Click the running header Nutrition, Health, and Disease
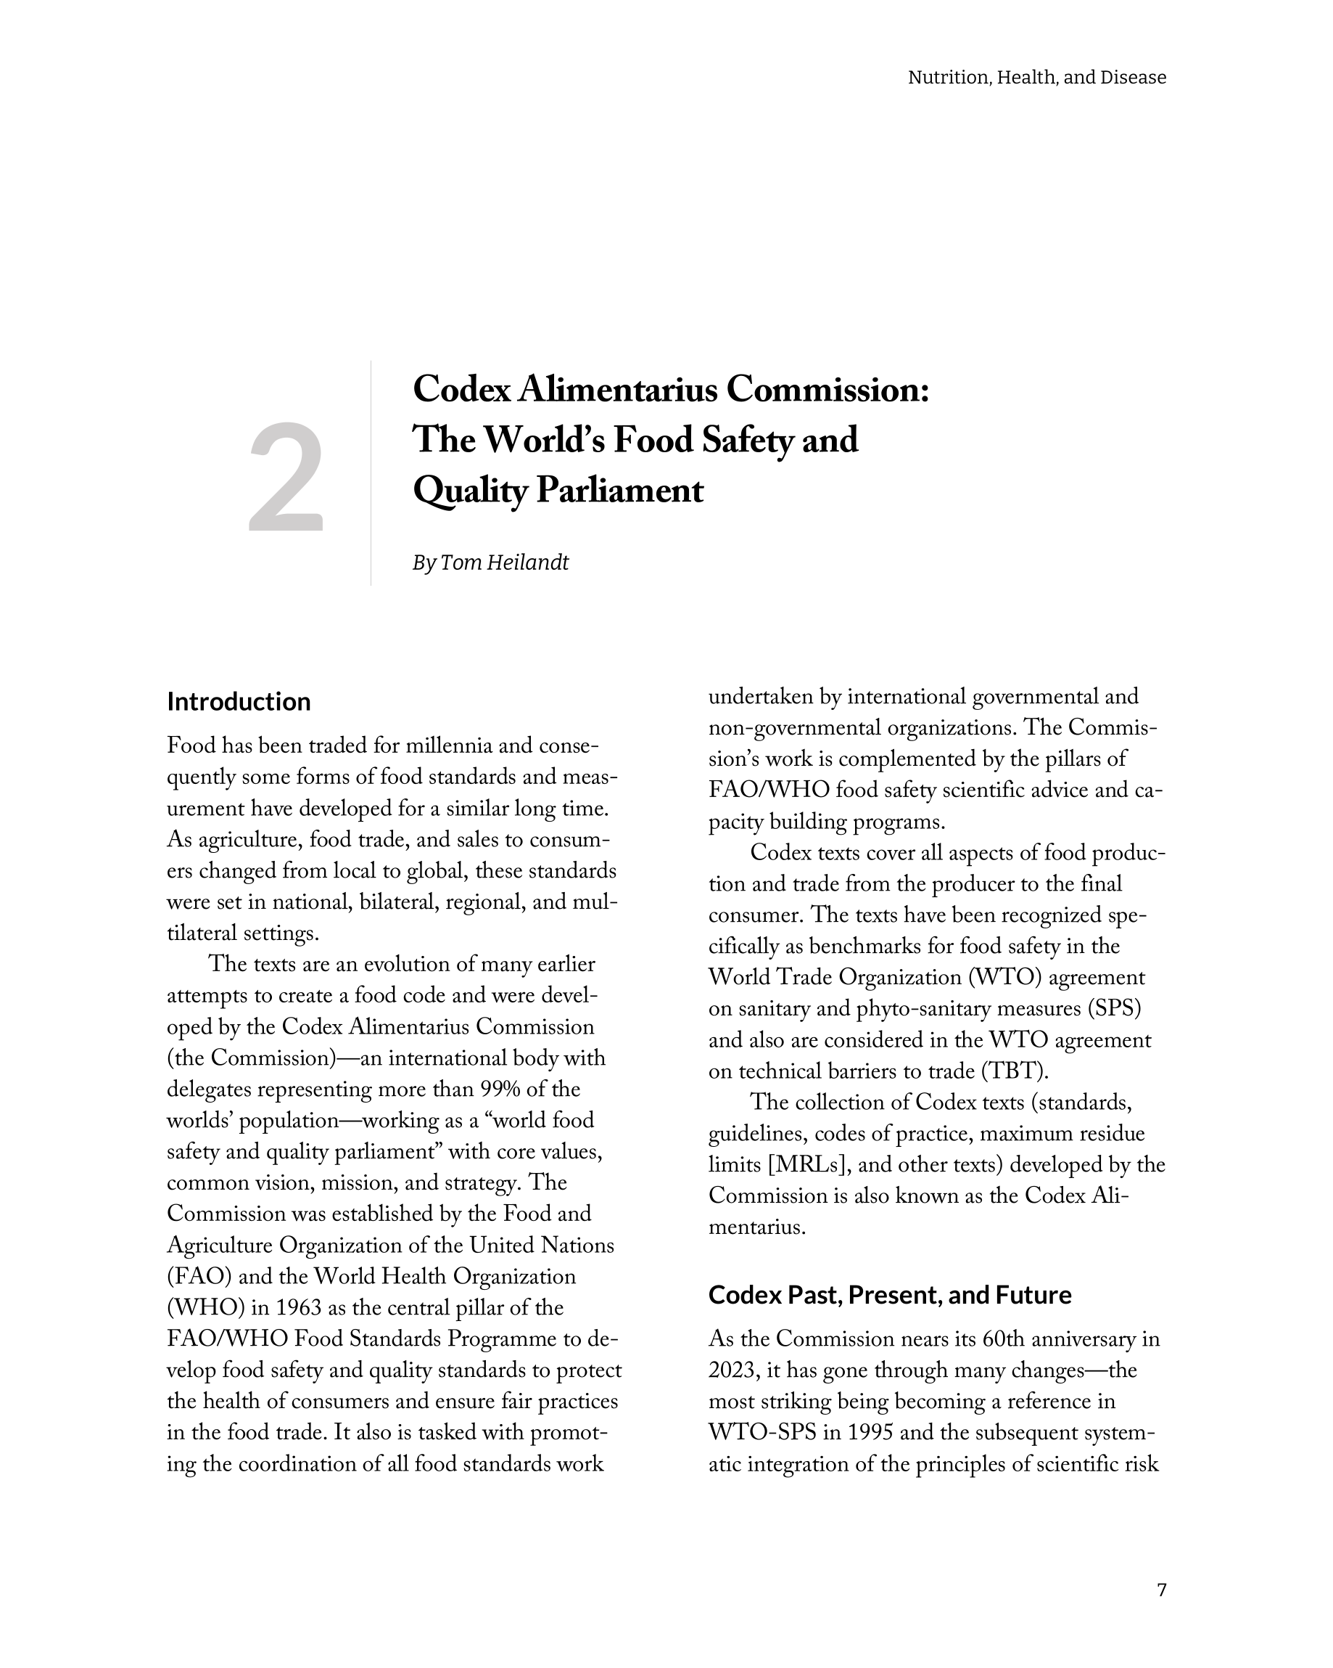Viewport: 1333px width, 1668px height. point(1036,78)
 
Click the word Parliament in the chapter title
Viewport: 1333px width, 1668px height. point(619,491)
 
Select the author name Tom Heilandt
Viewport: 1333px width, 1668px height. point(504,563)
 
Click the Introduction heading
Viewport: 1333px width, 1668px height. point(239,702)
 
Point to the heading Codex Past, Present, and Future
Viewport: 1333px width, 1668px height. point(889,1295)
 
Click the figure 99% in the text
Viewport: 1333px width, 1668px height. point(500,1089)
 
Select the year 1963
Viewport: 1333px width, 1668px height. point(299,1308)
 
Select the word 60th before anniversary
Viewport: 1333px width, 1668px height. point(1004,1339)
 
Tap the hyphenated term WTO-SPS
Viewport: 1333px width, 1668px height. point(762,1433)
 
